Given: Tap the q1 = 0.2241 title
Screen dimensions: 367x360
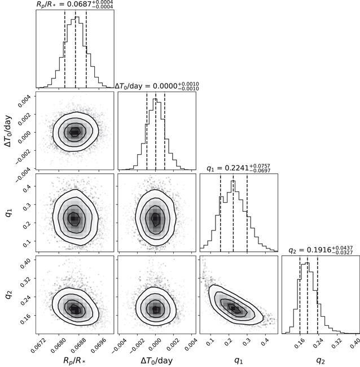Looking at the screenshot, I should pos(239,168).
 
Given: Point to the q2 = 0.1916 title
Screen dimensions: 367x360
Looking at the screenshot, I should pos(321,250).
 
